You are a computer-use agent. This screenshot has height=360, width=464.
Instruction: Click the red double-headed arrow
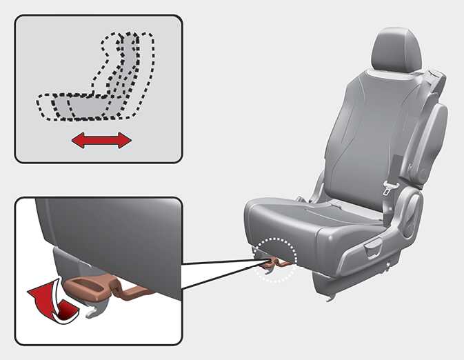(x=101, y=141)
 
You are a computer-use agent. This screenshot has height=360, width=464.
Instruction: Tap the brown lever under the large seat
(x=273, y=262)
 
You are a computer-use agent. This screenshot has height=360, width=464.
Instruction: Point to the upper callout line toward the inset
(x=221, y=261)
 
